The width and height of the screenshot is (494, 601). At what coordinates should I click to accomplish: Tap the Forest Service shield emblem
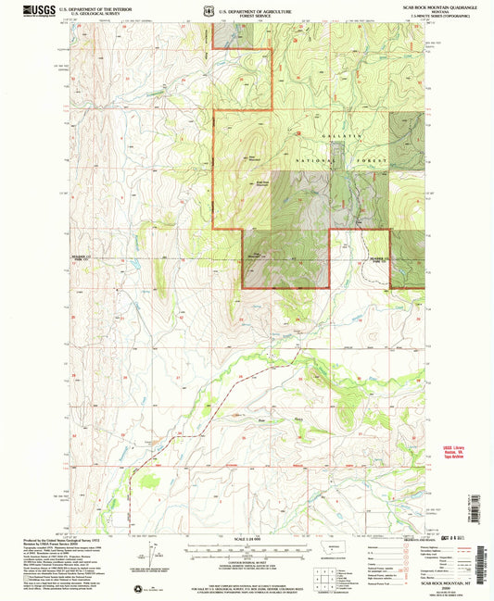[211, 11]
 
